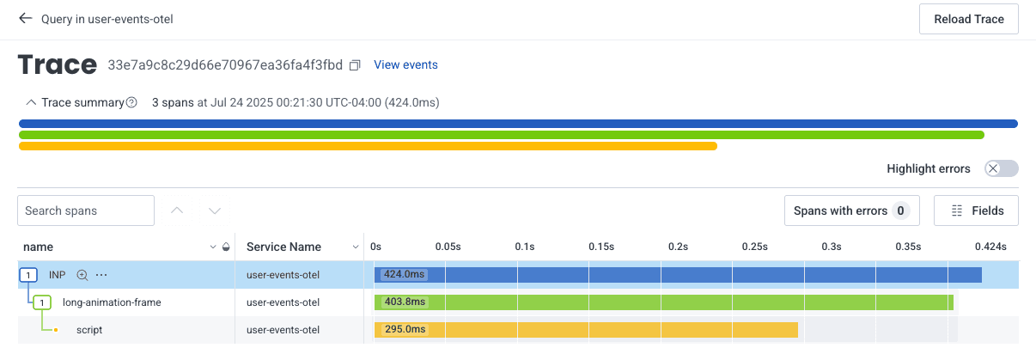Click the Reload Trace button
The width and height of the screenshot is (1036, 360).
(x=968, y=19)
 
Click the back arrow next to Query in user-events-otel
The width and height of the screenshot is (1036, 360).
(x=25, y=18)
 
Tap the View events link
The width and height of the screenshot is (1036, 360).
(x=405, y=64)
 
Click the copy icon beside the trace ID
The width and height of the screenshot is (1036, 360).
(x=356, y=65)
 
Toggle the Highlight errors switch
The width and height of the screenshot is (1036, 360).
(x=1002, y=168)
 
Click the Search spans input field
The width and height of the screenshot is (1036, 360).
(x=85, y=211)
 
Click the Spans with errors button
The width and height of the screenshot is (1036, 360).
(x=851, y=211)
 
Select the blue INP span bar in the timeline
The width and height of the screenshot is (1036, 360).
(x=687, y=275)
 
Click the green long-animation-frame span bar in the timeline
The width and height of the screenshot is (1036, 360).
(x=687, y=302)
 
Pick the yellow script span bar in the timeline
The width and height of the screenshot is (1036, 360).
(x=601, y=330)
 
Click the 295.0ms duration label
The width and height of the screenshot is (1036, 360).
(x=404, y=330)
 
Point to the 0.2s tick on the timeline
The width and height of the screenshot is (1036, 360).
(x=679, y=247)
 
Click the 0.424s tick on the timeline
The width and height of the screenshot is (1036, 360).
(x=990, y=247)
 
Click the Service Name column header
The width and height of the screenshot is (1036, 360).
(x=283, y=247)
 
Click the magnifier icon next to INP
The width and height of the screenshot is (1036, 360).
(x=82, y=275)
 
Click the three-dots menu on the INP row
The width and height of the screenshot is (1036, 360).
(x=101, y=275)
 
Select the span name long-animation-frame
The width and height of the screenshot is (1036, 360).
(x=112, y=302)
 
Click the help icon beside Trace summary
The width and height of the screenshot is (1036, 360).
(x=131, y=102)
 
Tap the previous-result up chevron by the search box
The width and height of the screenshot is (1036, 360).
(x=178, y=211)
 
